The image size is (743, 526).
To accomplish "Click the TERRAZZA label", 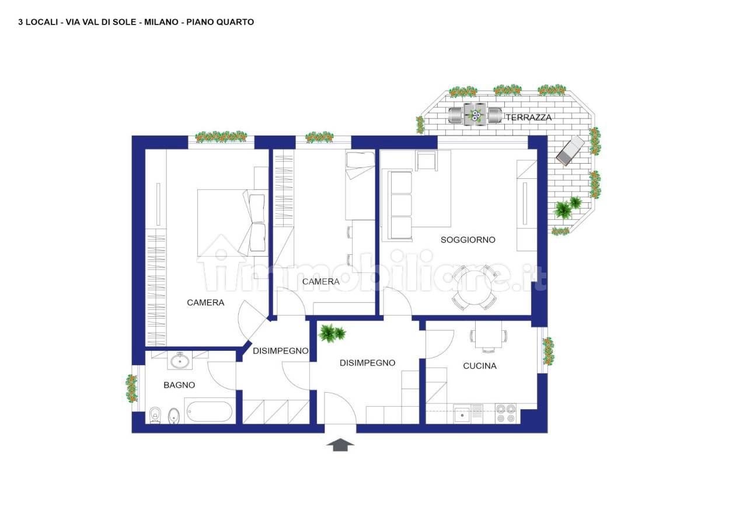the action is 528,117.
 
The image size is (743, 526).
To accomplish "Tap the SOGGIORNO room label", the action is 468,240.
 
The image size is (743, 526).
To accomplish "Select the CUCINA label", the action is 480,366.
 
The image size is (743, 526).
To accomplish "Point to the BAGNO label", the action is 179,385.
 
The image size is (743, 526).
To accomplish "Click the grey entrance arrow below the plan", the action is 340,444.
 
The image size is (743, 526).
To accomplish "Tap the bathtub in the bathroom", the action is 208,412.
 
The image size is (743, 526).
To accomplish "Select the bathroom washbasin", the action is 180,361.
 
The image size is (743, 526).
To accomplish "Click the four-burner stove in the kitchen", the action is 506,413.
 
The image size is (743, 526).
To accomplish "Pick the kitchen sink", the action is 462,413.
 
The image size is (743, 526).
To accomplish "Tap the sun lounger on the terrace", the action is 570,150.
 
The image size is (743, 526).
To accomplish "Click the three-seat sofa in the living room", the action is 397,206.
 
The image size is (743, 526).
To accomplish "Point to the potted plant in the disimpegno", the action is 332,333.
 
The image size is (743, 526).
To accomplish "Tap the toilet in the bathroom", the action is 155,416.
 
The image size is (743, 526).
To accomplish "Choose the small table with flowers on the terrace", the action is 475,115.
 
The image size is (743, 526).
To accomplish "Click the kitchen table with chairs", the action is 489,336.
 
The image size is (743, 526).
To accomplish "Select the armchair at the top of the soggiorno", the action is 426,161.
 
